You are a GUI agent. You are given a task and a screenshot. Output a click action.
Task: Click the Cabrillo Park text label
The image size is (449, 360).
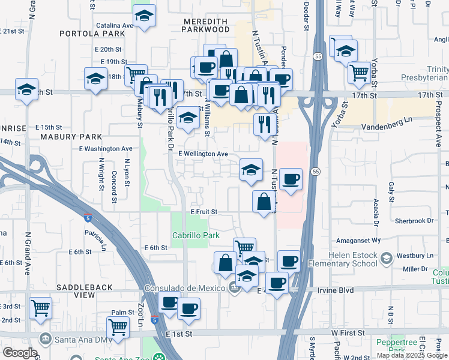tap(196, 236)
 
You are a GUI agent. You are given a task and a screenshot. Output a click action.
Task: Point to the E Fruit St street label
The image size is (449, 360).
tap(203, 212)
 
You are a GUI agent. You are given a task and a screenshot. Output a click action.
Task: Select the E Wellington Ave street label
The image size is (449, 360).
tap(203, 154)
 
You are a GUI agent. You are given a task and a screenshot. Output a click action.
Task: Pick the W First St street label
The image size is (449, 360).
tap(348, 332)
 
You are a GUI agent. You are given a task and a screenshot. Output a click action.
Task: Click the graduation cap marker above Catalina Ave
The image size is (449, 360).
tap(144, 16)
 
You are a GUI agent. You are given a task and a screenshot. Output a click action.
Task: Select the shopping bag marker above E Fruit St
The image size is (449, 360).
tap(264, 202)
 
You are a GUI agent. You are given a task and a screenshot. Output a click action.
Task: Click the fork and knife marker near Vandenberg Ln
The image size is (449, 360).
tap(264, 124)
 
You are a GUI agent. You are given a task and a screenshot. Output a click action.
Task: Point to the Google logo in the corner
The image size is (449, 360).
tap(20, 353)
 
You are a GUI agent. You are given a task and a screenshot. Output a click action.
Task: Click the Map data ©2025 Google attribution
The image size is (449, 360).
tap(411, 355)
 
